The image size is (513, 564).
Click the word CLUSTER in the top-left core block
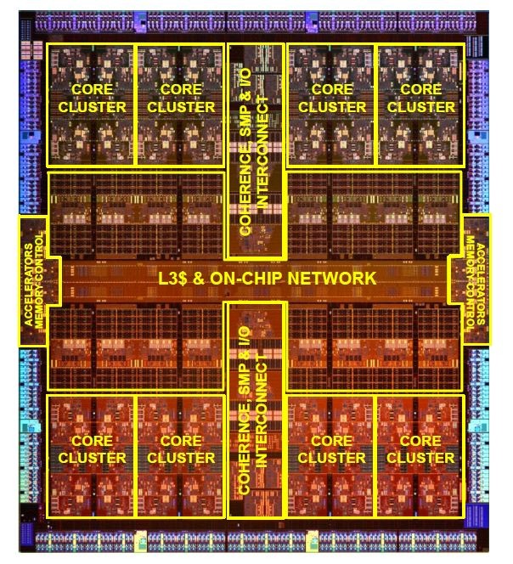click(x=92, y=108)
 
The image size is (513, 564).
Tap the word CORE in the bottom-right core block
click(x=420, y=442)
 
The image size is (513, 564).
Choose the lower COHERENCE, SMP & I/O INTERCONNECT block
click(x=256, y=408)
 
